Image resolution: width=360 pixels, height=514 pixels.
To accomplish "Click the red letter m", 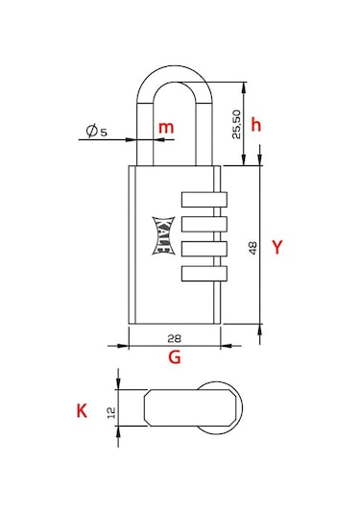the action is (x=166, y=128).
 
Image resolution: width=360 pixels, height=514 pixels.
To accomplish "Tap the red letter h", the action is (x=256, y=125).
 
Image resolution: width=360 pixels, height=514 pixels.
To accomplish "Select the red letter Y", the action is (x=277, y=247).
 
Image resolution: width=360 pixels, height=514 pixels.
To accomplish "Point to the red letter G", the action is (x=175, y=357).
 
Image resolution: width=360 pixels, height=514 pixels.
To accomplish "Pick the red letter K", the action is (x=82, y=410).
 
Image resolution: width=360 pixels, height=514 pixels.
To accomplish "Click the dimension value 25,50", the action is (x=236, y=124).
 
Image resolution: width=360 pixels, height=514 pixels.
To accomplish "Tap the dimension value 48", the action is (x=252, y=248).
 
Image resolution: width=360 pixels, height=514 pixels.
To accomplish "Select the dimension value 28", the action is (x=175, y=338).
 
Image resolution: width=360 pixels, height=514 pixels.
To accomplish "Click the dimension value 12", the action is (x=111, y=412).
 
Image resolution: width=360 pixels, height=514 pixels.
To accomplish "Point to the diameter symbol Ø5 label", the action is (x=96, y=131).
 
